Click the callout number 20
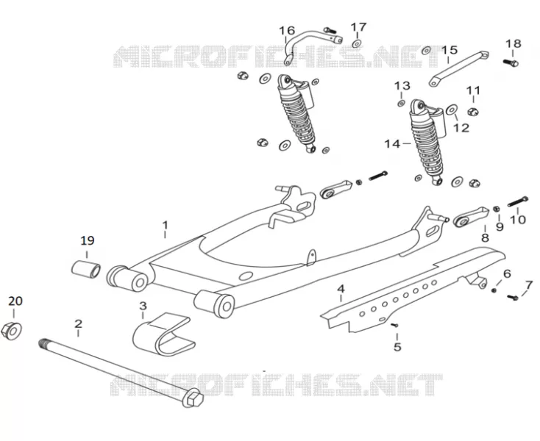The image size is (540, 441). pyautogui.click(x=15, y=301)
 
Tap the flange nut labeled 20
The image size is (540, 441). pyautogui.click(x=11, y=331)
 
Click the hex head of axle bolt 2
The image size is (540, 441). pyautogui.click(x=193, y=398)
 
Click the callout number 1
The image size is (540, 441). pyautogui.click(x=166, y=226)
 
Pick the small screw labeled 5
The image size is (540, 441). pyautogui.click(x=394, y=325)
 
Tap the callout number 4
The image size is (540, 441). pyautogui.click(x=341, y=288)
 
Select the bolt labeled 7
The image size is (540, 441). pyautogui.click(x=513, y=297)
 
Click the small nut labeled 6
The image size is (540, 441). pyautogui.click(x=494, y=290)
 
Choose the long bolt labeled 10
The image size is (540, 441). pyautogui.click(x=518, y=201)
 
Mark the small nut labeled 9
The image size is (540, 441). pyautogui.click(x=497, y=209)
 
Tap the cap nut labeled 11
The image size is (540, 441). pyautogui.click(x=473, y=111)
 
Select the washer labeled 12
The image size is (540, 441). pyautogui.click(x=452, y=110)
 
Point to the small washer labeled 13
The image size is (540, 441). pyautogui.click(x=401, y=103)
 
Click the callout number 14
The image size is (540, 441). pyautogui.click(x=392, y=144)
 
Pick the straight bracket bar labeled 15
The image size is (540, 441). pyautogui.click(x=459, y=68)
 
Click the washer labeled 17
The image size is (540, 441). pyautogui.click(x=356, y=43)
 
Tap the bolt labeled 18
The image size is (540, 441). pyautogui.click(x=511, y=62)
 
